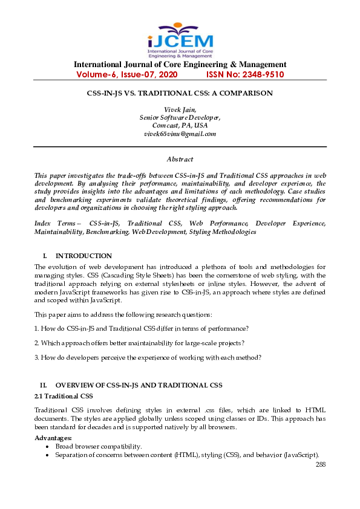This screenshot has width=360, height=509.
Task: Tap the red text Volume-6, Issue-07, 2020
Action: (127, 75)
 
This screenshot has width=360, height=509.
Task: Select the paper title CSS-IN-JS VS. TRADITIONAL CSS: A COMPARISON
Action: (180, 93)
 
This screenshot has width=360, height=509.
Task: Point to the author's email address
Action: (180, 134)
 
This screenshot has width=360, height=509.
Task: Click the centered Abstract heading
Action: (180, 159)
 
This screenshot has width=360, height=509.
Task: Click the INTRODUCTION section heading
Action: (83, 256)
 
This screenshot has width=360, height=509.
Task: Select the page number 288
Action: (321, 464)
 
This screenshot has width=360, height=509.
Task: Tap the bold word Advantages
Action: (53, 438)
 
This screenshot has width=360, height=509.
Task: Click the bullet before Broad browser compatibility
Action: (48, 446)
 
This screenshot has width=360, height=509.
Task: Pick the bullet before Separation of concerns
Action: (48, 455)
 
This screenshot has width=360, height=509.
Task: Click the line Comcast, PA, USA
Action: (180, 125)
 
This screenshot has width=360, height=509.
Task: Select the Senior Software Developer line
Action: (180, 117)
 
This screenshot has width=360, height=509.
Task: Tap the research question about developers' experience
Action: (148, 357)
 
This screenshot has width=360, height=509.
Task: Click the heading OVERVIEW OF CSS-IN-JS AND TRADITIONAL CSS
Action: (139, 385)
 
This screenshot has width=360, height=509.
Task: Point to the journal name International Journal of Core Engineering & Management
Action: (180, 65)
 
